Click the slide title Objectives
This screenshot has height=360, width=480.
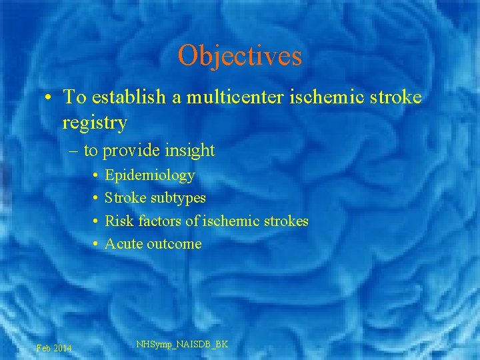coord(240,56)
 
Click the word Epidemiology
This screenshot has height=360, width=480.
coord(150,175)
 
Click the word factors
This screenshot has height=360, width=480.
coord(155,221)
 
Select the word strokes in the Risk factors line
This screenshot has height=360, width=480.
coord(287,221)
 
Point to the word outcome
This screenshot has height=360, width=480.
coord(174,243)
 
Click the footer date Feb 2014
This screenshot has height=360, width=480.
coord(55,348)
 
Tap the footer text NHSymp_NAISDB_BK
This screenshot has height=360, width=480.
coord(182,344)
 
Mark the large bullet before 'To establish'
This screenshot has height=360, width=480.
coord(49,98)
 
